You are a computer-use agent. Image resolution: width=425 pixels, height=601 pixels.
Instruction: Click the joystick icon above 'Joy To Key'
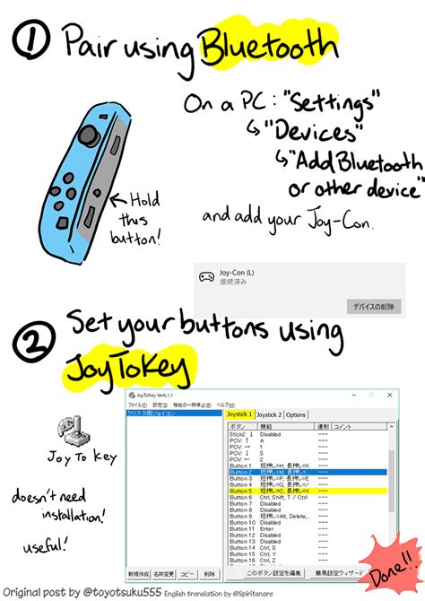(70, 431)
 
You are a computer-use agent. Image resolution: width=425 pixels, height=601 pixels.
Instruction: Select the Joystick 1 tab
(239, 414)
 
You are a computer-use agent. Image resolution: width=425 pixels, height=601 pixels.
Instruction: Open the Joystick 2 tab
(269, 414)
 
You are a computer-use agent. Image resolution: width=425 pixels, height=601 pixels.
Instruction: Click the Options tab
(296, 414)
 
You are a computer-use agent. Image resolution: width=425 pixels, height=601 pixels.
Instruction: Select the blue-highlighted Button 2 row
(305, 474)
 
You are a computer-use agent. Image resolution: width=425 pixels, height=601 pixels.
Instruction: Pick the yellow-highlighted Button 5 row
(305, 492)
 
